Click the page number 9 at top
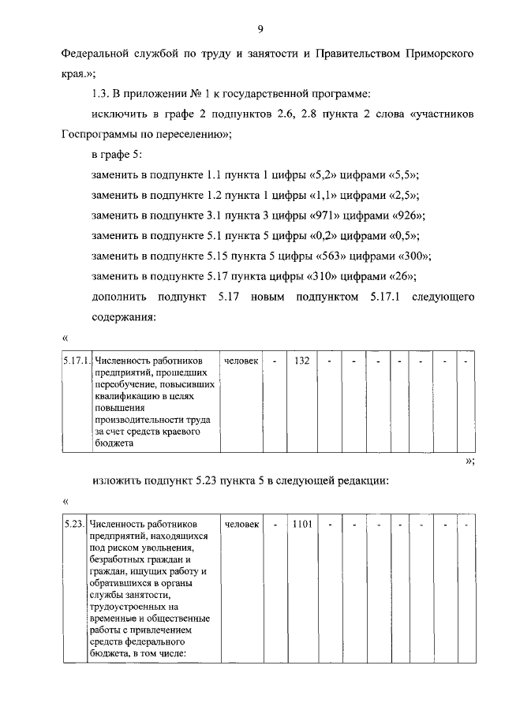click(x=260, y=29)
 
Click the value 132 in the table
click(x=301, y=361)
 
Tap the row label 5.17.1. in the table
click(x=77, y=361)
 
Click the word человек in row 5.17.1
click(x=241, y=361)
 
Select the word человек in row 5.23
click(x=241, y=524)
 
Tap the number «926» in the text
click(x=408, y=216)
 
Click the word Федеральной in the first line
click(x=96, y=55)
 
